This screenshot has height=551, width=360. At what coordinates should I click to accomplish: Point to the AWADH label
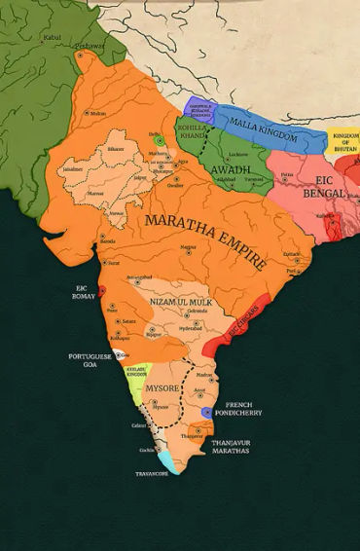coord(230,169)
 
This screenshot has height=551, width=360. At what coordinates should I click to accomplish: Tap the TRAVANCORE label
coord(153,475)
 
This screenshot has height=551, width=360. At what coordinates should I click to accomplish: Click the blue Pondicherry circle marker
coord(206,413)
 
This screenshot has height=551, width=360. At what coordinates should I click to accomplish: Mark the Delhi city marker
coord(161,141)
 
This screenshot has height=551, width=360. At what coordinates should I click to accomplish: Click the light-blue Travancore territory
coord(168,458)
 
